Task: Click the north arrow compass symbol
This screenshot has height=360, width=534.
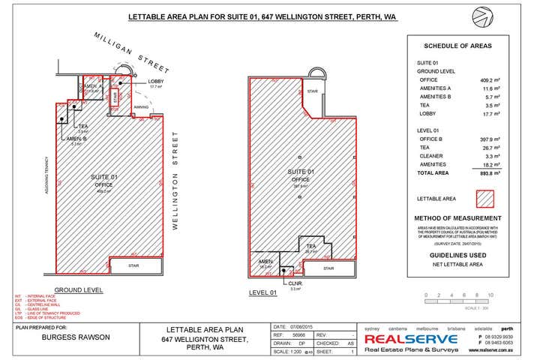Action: [482, 17]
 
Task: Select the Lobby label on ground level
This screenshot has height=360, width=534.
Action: [155, 81]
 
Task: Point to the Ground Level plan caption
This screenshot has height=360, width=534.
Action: [79, 290]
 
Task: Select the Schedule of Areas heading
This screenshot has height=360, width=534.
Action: [457, 46]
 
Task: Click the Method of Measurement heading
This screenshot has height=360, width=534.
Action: [457, 218]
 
